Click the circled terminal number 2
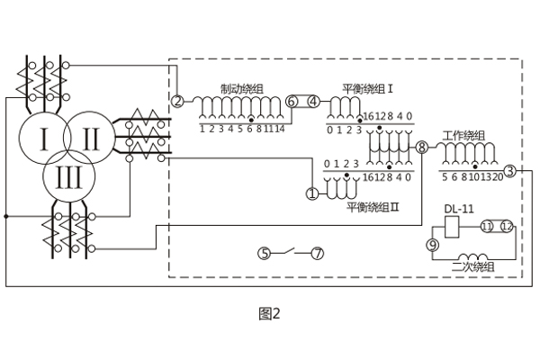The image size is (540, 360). click(178, 101)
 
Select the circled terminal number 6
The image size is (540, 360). click(292, 102)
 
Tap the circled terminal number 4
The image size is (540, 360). click(313, 102)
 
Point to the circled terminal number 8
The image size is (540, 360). click(421, 147)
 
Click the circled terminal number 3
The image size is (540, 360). click(508, 170)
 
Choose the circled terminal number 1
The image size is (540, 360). click(312, 193)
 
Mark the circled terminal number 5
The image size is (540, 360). click(264, 253)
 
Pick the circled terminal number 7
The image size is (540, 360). click(317, 253)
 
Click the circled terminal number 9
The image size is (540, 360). click(433, 244)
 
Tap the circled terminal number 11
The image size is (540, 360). click(487, 226)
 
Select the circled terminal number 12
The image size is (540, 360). click(507, 226)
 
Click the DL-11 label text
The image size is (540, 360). click(458, 210)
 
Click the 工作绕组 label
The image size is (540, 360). click(464, 135)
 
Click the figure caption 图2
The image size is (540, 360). click(270, 314)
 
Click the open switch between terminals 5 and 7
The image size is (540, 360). click(290, 251)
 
